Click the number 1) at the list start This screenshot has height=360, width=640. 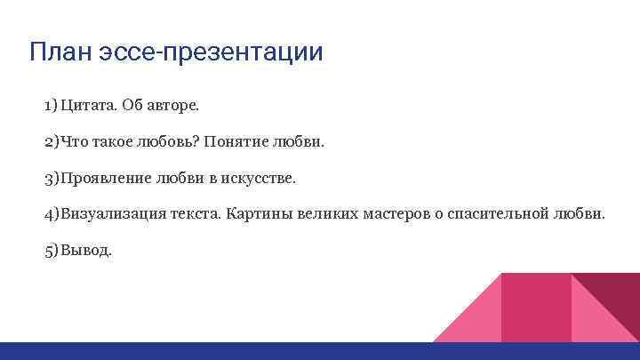click(x=50, y=107)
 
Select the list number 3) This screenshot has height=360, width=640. click(x=51, y=179)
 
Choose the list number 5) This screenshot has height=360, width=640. click(x=51, y=251)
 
